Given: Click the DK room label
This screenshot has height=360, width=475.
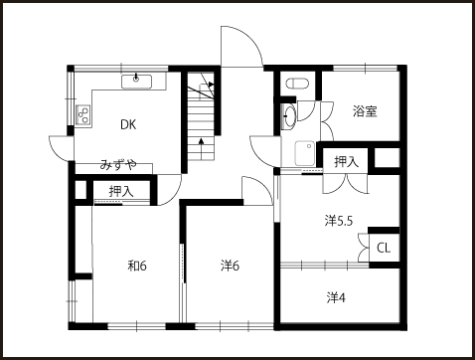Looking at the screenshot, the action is click(x=128, y=124).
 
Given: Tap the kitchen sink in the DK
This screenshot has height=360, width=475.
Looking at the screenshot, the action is click(x=136, y=82).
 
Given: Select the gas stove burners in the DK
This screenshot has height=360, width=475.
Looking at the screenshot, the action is click(x=83, y=114).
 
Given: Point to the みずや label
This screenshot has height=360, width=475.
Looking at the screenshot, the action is click(x=118, y=165).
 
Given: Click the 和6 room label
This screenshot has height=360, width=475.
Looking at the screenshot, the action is click(x=137, y=266).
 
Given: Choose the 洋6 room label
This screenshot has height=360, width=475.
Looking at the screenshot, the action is click(x=230, y=266).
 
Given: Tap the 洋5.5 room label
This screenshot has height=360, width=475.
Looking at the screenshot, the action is click(x=339, y=221).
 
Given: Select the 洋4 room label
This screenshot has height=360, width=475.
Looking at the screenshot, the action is click(x=336, y=297).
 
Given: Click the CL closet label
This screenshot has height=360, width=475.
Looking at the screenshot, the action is click(x=384, y=248).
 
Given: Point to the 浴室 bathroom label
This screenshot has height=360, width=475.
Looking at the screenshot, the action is click(x=365, y=111).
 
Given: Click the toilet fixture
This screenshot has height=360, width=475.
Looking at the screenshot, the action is click(x=297, y=84).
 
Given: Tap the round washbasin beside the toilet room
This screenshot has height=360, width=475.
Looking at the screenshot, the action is click(x=289, y=116).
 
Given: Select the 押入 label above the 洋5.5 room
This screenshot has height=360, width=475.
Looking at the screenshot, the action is click(x=347, y=162).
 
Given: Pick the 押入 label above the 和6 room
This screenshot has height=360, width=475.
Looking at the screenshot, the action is click(x=121, y=191).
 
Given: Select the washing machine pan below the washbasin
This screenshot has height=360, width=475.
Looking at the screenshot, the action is click(x=305, y=153).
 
